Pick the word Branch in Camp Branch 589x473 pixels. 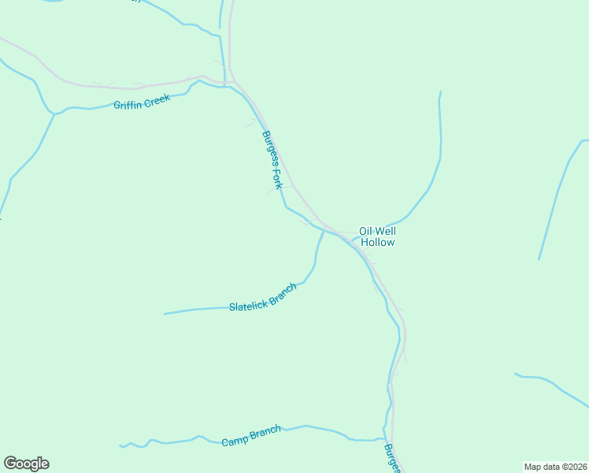265,432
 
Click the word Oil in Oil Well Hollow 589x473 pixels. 365,231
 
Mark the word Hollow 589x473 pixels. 377,243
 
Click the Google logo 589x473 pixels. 26,464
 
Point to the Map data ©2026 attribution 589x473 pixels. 554,467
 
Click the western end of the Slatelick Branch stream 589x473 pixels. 165,314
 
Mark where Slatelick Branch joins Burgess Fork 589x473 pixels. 324,230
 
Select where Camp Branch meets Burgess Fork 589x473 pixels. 385,439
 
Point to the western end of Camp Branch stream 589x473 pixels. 120,446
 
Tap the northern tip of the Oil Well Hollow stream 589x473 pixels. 440,93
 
